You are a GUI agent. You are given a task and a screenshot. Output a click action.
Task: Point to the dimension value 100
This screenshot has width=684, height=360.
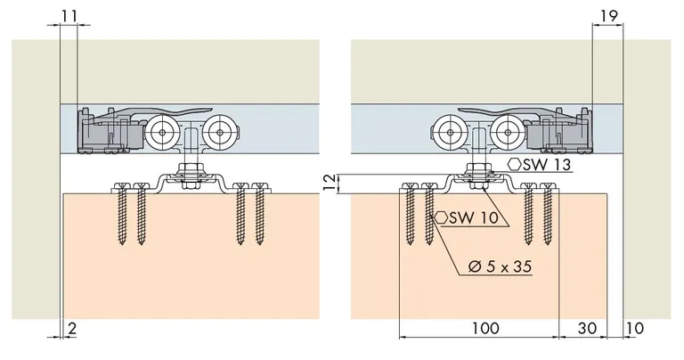coord(484,329)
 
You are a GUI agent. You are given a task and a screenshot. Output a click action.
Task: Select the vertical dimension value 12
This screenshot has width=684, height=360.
coord(329,183)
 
